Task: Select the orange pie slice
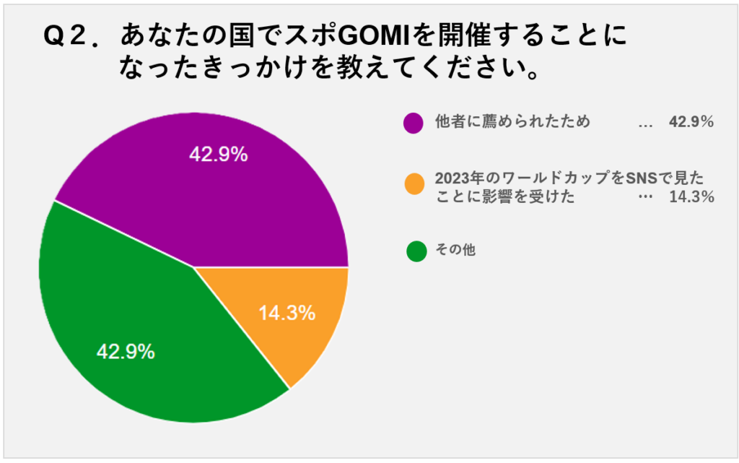(296, 318)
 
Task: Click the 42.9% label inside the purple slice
(219, 155)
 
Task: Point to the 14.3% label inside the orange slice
(287, 313)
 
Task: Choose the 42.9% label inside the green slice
(126, 352)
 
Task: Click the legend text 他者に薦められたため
(512, 122)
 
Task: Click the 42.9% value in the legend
(691, 122)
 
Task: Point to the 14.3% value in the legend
(691, 196)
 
